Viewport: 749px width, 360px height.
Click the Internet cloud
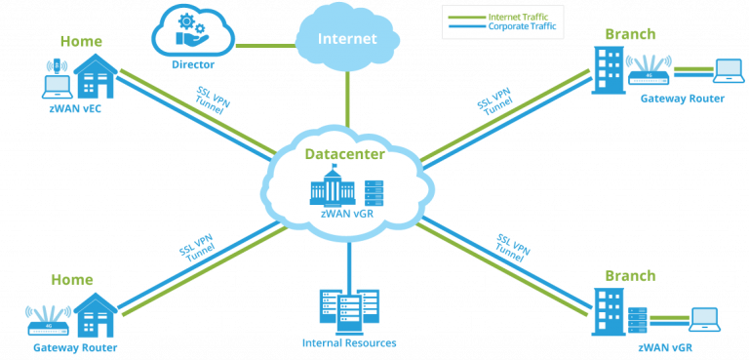coord(346,38)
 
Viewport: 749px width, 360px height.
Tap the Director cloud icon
coord(192,31)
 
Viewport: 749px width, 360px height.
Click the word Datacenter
coord(344,154)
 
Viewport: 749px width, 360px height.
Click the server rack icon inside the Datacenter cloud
coord(375,191)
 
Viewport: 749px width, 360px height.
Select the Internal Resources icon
coord(348,307)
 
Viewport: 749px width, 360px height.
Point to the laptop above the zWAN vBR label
coord(704,318)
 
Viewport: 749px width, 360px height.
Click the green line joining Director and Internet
coord(264,44)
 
